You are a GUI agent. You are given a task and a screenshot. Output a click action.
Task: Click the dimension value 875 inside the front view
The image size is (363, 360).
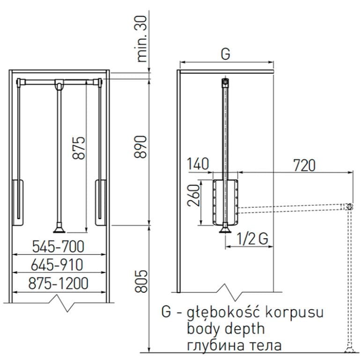point(79,148)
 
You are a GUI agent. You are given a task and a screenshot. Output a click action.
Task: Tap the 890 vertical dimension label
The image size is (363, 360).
point(141,147)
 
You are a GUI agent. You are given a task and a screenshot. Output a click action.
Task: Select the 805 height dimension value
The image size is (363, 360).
point(141,281)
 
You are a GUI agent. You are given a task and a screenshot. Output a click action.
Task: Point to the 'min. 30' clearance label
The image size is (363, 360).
point(142,39)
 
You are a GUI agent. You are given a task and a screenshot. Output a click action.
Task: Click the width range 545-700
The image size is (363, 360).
point(58,246)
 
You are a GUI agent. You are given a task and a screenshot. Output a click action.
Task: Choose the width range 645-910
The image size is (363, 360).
point(57,264)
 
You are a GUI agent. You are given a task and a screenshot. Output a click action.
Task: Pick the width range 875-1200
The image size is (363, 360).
point(58,283)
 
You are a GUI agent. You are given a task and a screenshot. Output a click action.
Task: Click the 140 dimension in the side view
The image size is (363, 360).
point(198,164)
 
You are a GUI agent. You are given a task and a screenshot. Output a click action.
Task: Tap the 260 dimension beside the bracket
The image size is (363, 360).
point(193,195)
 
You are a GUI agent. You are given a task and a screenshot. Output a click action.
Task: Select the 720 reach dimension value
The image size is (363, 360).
point(304,165)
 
